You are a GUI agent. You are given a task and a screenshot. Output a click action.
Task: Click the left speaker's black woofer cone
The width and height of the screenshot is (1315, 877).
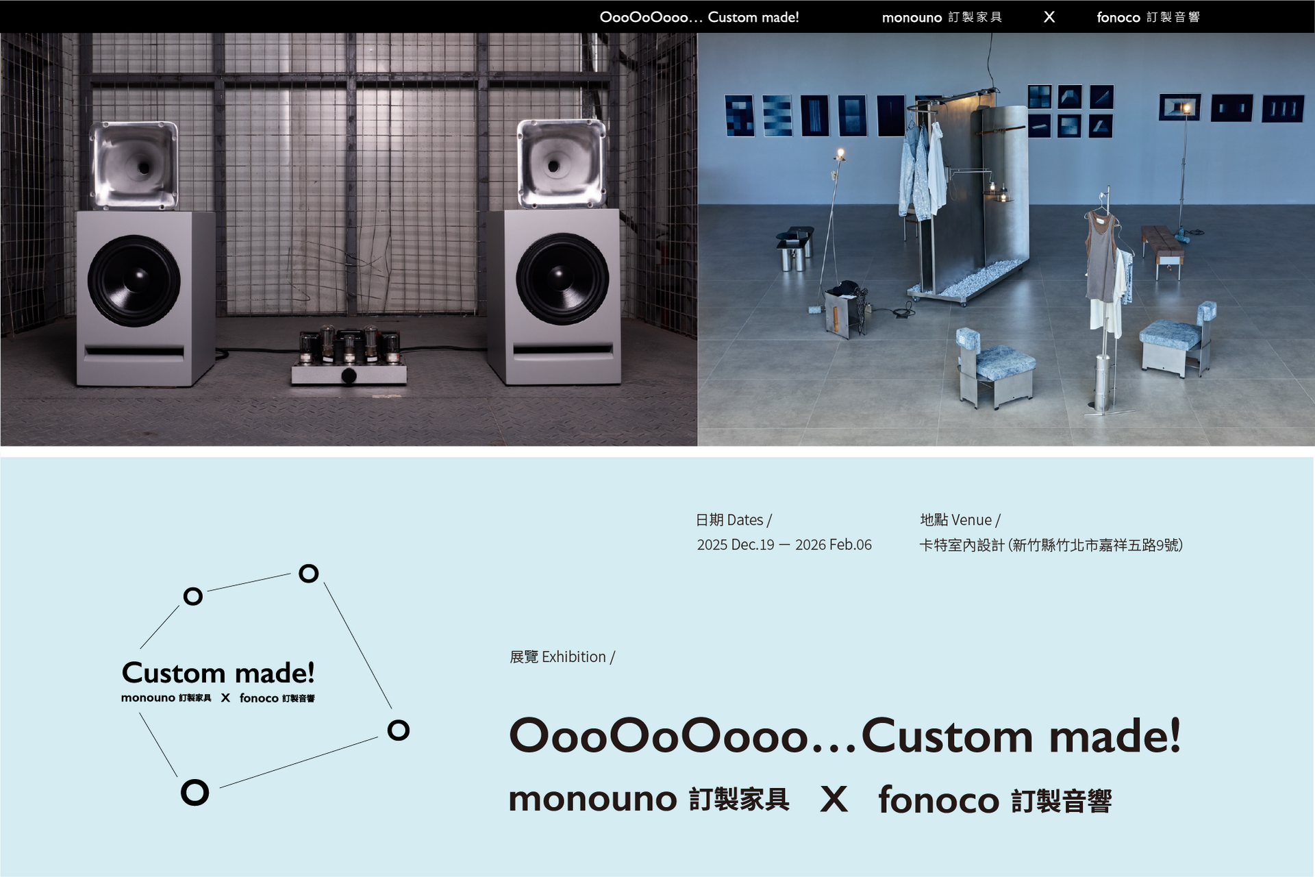coord(134,280)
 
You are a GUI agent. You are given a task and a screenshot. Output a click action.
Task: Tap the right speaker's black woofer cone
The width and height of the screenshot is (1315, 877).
coord(562,279)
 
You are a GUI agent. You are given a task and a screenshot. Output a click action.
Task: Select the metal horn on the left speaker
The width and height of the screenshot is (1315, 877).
coord(134,165)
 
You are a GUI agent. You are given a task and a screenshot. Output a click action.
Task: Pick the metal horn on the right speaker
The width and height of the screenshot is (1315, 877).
coord(562,163)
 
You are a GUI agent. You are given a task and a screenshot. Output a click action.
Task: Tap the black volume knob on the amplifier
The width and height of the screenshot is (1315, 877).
coord(349,375)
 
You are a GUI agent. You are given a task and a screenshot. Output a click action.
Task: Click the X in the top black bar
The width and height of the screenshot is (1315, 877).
coord(1049,17)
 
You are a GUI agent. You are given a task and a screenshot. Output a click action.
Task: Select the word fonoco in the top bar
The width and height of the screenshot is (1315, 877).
coord(1118,17)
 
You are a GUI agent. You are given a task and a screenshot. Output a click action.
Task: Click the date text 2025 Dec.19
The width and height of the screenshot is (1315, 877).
coord(736,545)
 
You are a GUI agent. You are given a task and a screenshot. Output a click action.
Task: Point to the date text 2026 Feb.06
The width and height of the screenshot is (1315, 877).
coord(834,545)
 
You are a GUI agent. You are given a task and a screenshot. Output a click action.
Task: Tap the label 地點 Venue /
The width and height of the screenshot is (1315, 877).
coord(960,520)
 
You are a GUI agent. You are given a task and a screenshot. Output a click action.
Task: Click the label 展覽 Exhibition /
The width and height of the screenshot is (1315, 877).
coord(562,657)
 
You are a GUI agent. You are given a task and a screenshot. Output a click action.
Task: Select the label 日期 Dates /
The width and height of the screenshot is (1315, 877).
coord(734,520)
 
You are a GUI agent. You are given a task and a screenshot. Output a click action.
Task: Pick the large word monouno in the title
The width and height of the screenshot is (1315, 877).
coord(593,800)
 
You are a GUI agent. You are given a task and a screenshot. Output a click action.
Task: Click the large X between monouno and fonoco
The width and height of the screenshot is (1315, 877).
coord(834,800)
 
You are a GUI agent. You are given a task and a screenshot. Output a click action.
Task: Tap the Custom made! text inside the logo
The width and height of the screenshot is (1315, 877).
coord(218,673)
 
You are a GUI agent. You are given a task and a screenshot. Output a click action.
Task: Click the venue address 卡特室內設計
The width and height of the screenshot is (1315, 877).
coord(962,545)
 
